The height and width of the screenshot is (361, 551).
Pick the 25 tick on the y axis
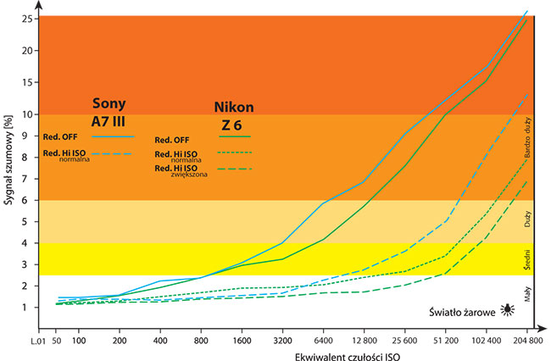click(28, 18)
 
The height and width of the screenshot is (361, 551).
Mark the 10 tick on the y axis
click(28, 114)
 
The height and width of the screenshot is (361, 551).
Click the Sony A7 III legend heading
click(109, 111)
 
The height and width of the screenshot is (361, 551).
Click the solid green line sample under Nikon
click(235, 136)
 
